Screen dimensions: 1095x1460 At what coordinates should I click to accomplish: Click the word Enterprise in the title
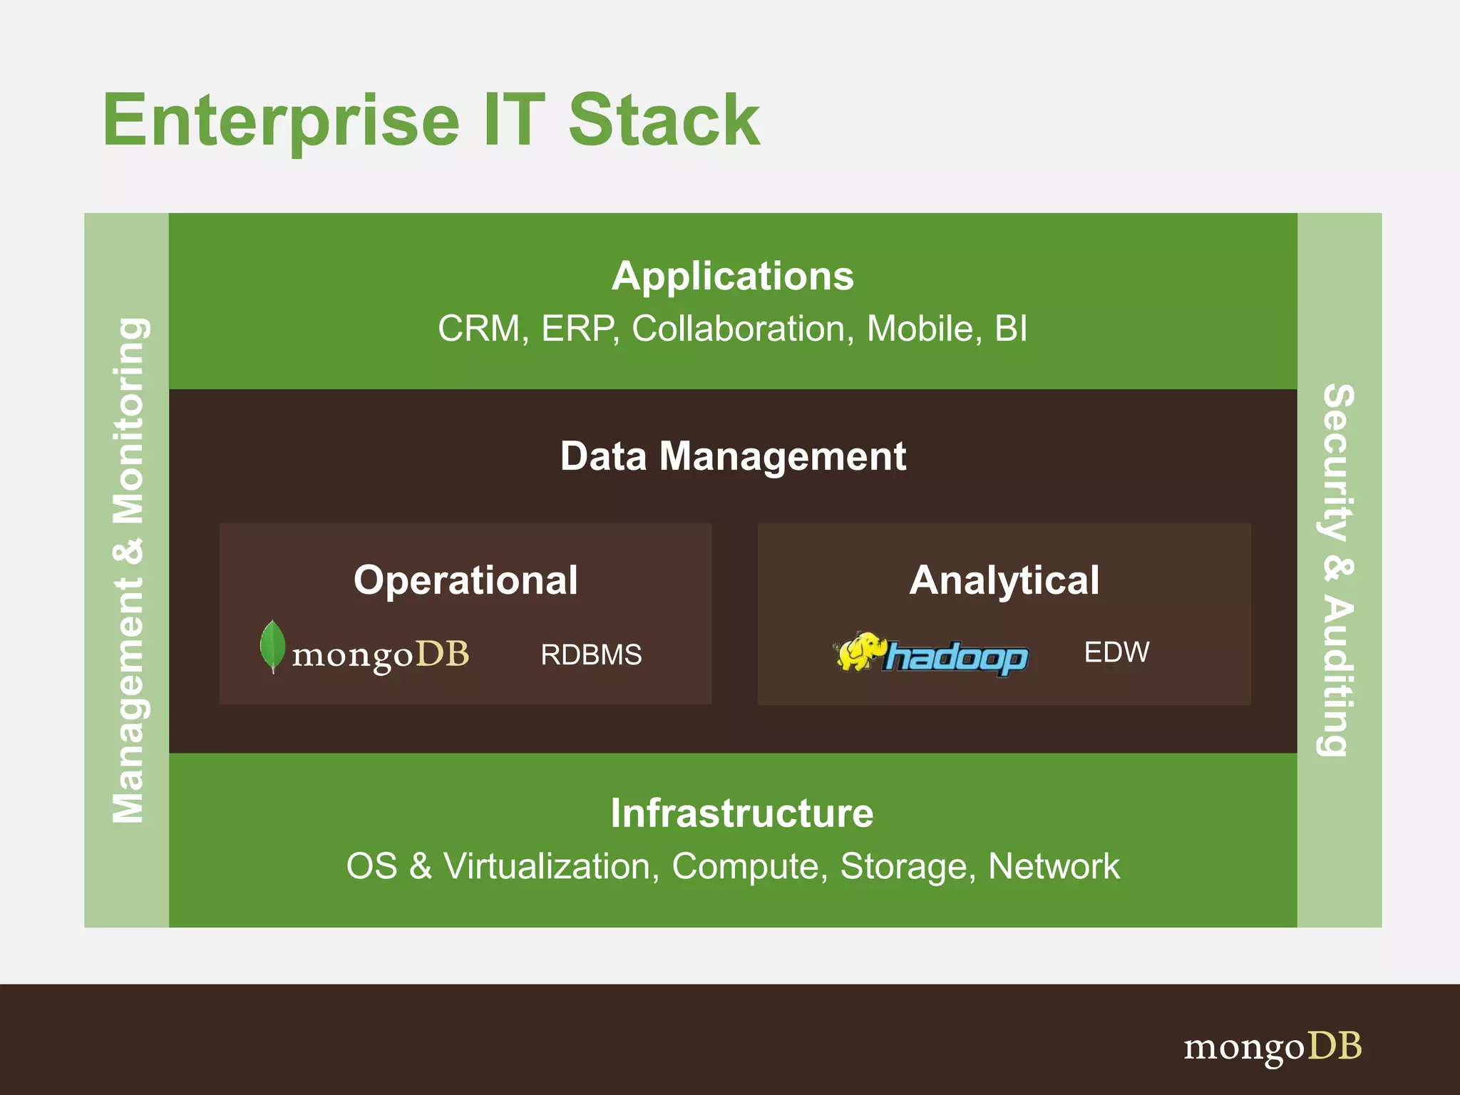[x=281, y=121]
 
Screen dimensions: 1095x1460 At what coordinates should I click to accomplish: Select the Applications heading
[x=732, y=276]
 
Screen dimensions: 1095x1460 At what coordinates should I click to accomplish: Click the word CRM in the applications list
[x=479, y=329]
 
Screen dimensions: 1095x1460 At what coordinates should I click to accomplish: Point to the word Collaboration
[x=739, y=329]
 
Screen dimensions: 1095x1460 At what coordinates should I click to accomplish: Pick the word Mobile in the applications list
[x=920, y=329]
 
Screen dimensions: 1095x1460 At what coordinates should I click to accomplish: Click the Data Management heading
[x=732, y=456]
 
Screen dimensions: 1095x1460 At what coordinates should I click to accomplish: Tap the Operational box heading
[x=466, y=580]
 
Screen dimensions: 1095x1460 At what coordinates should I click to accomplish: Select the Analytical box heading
[x=1004, y=580]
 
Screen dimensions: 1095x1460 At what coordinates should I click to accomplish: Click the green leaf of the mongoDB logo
[x=272, y=644]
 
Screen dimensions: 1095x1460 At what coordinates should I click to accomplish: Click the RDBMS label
[x=591, y=654]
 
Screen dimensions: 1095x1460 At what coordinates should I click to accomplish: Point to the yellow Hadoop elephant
[x=859, y=651]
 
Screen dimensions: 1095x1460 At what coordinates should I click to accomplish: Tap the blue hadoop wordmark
[x=955, y=658]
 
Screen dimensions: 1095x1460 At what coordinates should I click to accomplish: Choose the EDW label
[x=1116, y=652]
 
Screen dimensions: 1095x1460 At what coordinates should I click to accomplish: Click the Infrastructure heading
[x=741, y=813]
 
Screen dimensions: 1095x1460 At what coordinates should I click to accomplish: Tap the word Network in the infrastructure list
[x=1053, y=867]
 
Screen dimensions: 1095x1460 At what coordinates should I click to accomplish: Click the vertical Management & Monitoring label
[x=128, y=570]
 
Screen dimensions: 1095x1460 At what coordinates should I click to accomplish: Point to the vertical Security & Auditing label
[x=1337, y=570]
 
